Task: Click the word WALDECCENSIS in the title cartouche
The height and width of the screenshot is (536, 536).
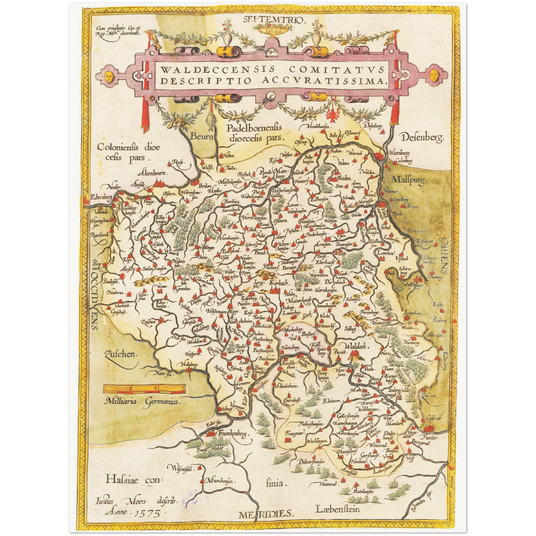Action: tap(217, 69)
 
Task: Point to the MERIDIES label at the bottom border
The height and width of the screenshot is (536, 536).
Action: tap(266, 514)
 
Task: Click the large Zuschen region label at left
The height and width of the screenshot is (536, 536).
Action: tap(121, 354)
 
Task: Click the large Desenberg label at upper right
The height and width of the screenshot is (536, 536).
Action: tap(422, 138)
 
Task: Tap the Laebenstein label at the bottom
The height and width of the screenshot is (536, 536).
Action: tap(338, 509)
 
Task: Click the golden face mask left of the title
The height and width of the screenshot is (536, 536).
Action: tap(109, 76)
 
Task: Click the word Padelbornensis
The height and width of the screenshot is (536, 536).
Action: tap(254, 128)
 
